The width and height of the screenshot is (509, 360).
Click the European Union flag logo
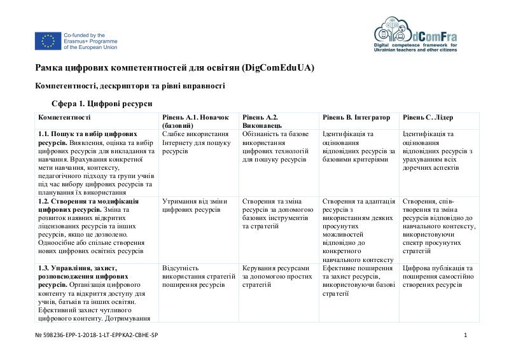(48, 41)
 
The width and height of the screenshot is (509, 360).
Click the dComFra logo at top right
(415, 34)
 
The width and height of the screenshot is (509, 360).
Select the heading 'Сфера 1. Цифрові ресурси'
(101, 103)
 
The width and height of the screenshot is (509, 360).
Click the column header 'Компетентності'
(64, 118)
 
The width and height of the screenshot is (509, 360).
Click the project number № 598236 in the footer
(96, 335)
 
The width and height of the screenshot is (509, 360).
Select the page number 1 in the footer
(466, 335)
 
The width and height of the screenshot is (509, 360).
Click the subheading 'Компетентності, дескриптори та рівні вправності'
(130, 85)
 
